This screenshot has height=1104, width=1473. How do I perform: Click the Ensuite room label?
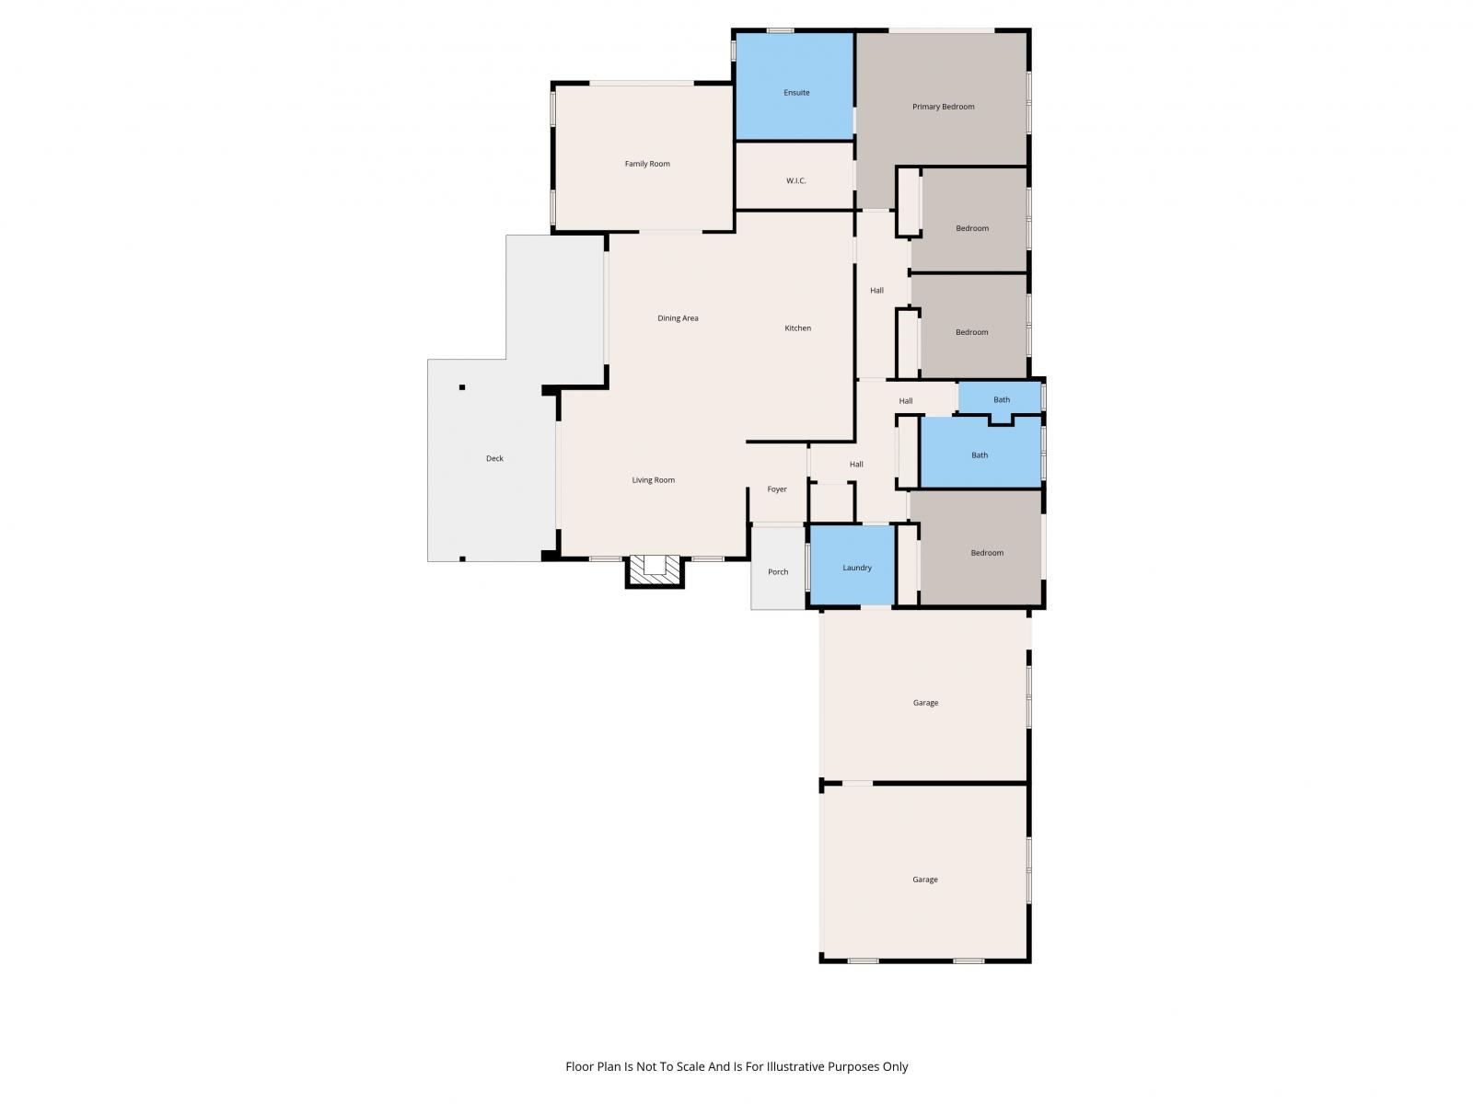pyautogui.click(x=796, y=93)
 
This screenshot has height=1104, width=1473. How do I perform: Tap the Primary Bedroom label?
pyautogui.click(x=943, y=107)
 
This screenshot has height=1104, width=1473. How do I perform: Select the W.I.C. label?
pyautogui.click(x=796, y=180)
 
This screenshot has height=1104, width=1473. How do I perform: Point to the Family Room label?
pyautogui.click(x=647, y=164)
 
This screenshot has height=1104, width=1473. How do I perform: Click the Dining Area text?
pyautogui.click(x=678, y=317)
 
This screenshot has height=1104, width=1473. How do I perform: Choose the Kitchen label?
pyautogui.click(x=798, y=328)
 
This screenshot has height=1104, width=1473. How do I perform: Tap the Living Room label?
pyautogui.click(x=653, y=480)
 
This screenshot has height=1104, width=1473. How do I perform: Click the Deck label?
pyautogui.click(x=494, y=458)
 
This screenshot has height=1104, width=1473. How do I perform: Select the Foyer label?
pyautogui.click(x=777, y=489)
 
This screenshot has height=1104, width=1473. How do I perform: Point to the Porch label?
pyautogui.click(x=778, y=571)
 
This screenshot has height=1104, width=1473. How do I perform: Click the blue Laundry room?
pyautogui.click(x=852, y=565)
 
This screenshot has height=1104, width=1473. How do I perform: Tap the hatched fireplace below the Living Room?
pyautogui.click(x=655, y=571)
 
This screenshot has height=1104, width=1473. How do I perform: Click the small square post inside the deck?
pyautogui.click(x=462, y=387)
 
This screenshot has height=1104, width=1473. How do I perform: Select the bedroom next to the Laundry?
pyautogui.click(x=980, y=547)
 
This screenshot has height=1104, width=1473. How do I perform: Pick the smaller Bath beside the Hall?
pyautogui.click(x=999, y=398)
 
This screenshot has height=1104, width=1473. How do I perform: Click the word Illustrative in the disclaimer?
pyautogui.click(x=795, y=1066)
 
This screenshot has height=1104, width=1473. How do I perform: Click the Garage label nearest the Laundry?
pyautogui.click(x=925, y=703)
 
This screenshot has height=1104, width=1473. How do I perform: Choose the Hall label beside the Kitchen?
pyautogui.click(x=876, y=290)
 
